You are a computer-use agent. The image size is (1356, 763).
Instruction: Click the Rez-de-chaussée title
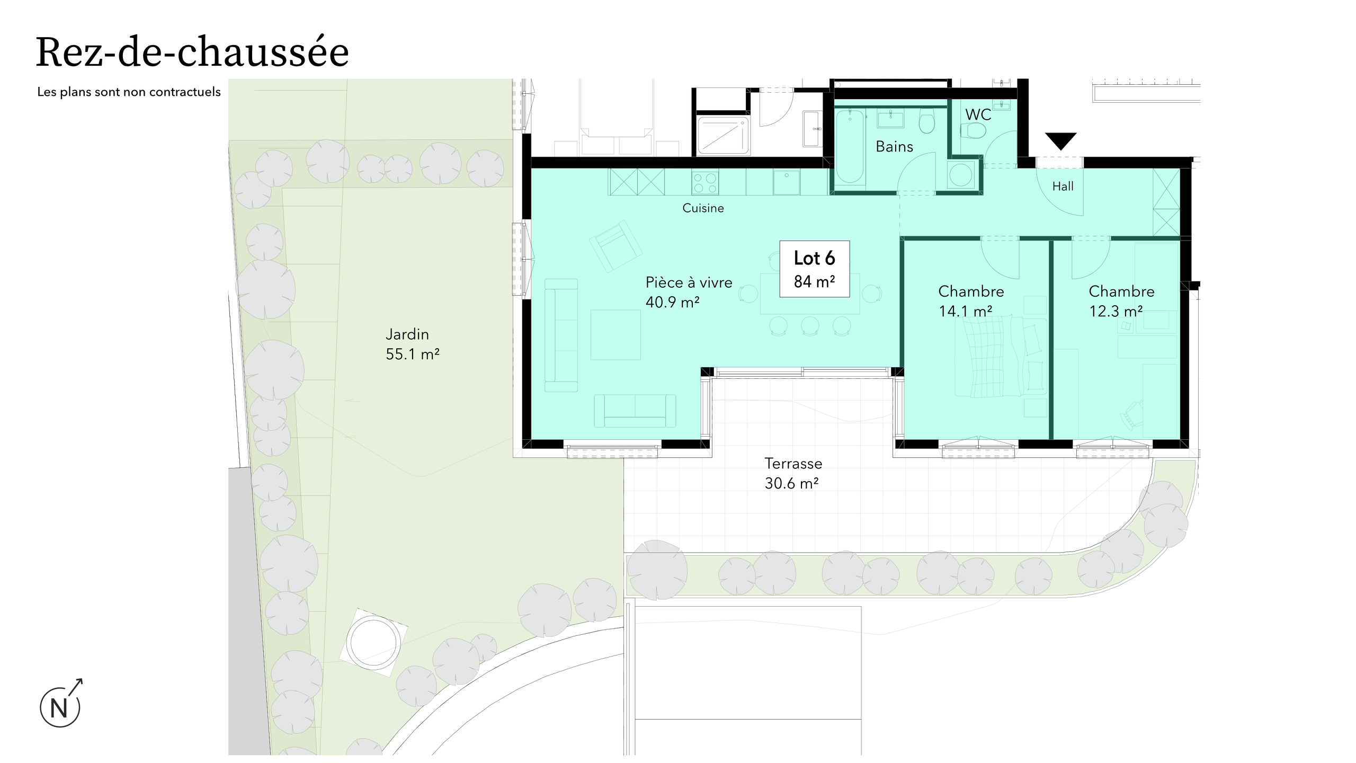coord(192,52)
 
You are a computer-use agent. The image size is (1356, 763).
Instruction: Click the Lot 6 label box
coord(815,269)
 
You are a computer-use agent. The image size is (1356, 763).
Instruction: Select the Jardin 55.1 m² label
coord(412,344)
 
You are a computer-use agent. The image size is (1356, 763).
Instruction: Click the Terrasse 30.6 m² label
coord(793,473)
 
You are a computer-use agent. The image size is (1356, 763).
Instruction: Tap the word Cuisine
coord(703,208)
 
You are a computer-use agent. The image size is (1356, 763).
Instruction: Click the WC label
coord(978,114)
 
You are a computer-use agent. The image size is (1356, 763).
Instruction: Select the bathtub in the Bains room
coord(850,146)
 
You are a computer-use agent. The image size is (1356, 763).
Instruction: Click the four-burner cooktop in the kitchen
coord(705,183)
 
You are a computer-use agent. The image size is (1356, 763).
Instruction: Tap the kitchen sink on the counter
coord(787,182)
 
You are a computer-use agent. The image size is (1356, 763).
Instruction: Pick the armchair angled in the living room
coord(615,246)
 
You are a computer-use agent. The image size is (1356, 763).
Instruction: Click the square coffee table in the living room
coord(615,335)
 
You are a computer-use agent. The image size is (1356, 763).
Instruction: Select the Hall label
coord(1063,187)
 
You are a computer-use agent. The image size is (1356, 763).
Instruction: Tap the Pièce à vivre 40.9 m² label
coord(689,292)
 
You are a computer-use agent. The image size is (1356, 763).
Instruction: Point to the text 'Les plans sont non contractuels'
coord(129,92)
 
